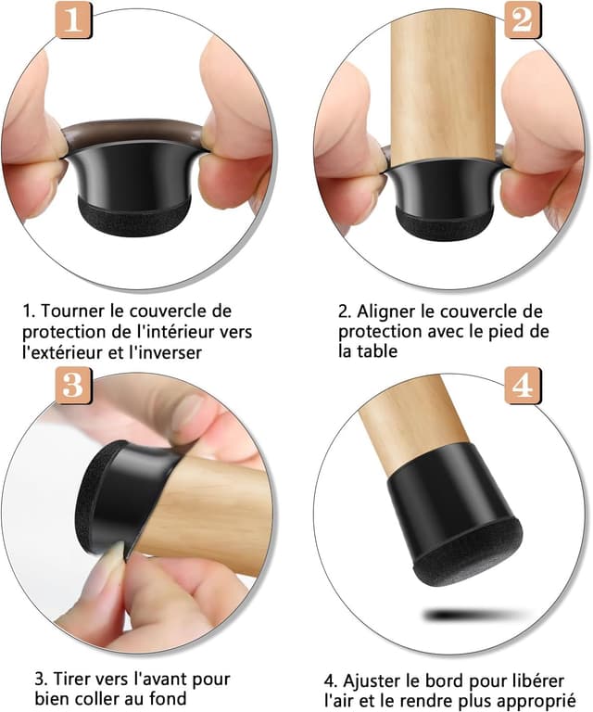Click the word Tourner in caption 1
point(72,311)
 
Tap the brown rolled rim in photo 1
point(137,131)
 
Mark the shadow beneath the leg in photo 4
point(468,614)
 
